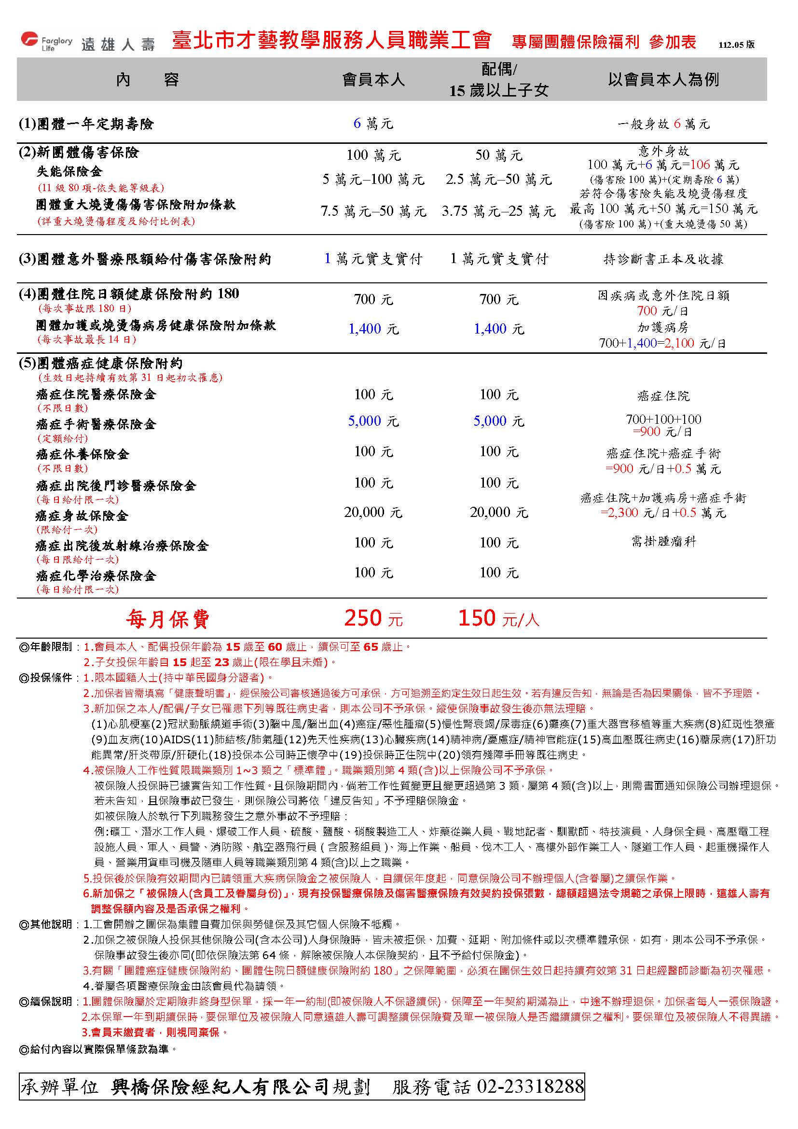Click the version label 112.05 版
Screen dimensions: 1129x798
(x=736, y=45)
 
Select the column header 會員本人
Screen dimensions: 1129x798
(x=373, y=80)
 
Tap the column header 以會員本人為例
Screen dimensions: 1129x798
(x=663, y=79)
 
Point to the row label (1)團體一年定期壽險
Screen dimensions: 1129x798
(x=86, y=124)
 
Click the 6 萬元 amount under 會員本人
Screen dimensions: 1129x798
(x=373, y=124)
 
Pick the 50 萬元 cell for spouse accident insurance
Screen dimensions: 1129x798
(x=498, y=155)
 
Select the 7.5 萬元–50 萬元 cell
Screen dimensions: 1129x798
(x=373, y=211)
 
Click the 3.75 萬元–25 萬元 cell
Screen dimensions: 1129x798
(x=498, y=211)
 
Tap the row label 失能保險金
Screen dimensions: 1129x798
(x=69, y=172)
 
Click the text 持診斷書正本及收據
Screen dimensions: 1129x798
(x=663, y=259)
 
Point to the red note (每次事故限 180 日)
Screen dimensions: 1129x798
(x=84, y=309)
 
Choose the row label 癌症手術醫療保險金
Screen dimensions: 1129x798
(x=96, y=424)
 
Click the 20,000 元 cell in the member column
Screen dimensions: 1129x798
(x=373, y=513)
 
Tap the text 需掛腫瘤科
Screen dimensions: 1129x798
(x=663, y=542)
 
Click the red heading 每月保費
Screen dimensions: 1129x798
(x=168, y=619)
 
